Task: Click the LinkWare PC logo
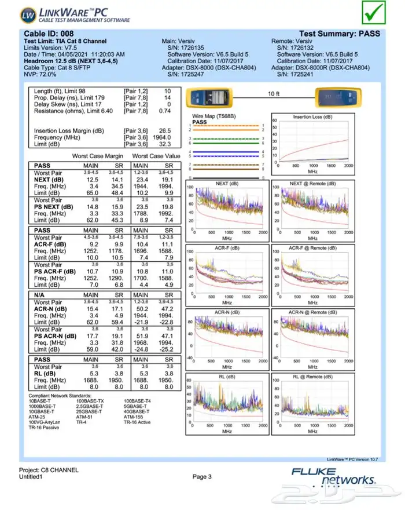coord(75,13)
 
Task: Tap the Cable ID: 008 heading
coord(49,34)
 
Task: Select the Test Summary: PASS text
coord(340,34)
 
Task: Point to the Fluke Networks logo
coord(333,476)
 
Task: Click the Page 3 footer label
coord(202,477)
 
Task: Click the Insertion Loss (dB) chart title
coord(312,117)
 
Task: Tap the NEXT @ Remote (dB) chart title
coord(312,183)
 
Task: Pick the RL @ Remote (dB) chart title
coord(312,377)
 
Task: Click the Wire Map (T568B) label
coord(212,116)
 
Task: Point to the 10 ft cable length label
coord(273,93)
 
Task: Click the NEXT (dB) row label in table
coord(49,180)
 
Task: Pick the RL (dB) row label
coord(46,373)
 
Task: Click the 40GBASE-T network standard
coord(138,411)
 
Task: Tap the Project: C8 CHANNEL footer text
coord(49,470)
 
